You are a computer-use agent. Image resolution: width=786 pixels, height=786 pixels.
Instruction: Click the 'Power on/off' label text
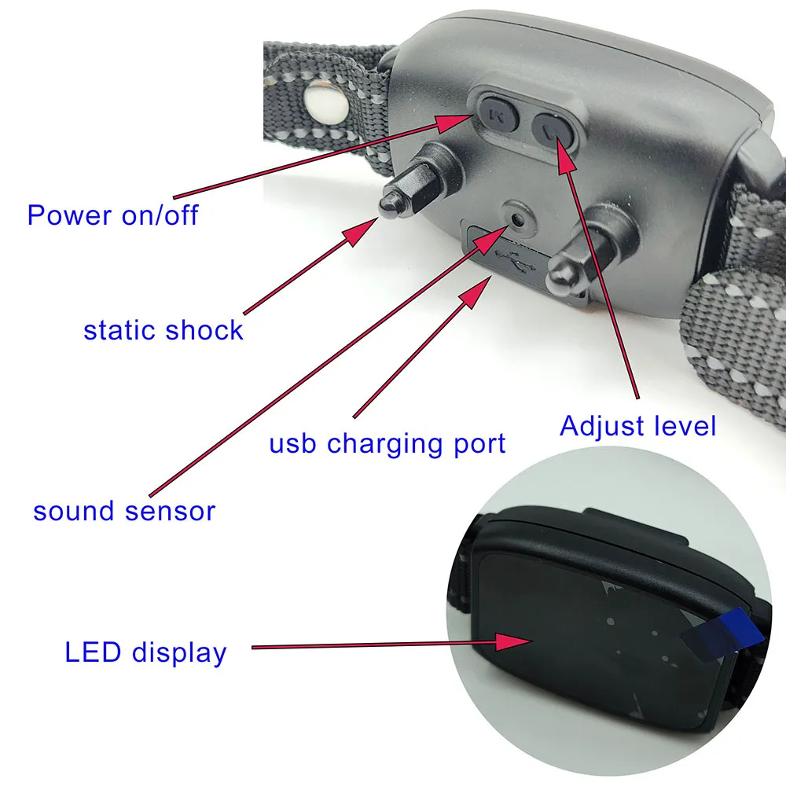tap(112, 215)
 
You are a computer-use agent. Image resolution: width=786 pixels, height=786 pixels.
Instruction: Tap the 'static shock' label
tap(163, 330)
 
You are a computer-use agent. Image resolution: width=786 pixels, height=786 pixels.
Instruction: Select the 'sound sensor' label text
tap(124, 512)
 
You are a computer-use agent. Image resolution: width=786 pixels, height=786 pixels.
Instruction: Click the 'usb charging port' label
tap(387, 444)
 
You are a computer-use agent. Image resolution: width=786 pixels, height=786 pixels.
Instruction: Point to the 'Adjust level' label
tap(637, 427)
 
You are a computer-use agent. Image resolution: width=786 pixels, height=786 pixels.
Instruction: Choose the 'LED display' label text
tap(146, 653)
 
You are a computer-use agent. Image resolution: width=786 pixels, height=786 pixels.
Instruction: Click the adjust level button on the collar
tap(553, 130)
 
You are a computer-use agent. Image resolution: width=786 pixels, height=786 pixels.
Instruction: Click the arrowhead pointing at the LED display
tap(514, 641)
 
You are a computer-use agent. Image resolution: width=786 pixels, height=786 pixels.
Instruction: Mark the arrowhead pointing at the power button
tap(454, 122)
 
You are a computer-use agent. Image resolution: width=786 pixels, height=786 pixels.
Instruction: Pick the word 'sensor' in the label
tap(171, 512)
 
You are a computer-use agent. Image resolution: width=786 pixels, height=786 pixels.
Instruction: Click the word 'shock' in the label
tap(204, 330)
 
